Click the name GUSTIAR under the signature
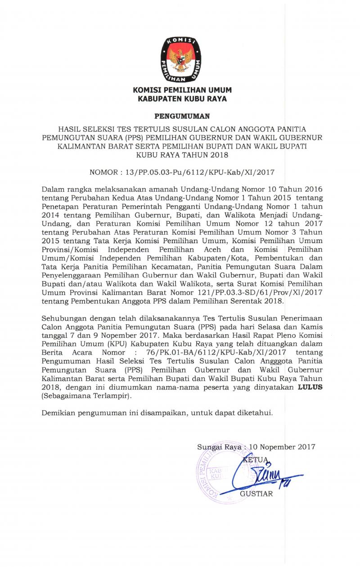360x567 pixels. point(256,494)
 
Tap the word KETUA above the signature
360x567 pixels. point(255,460)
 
